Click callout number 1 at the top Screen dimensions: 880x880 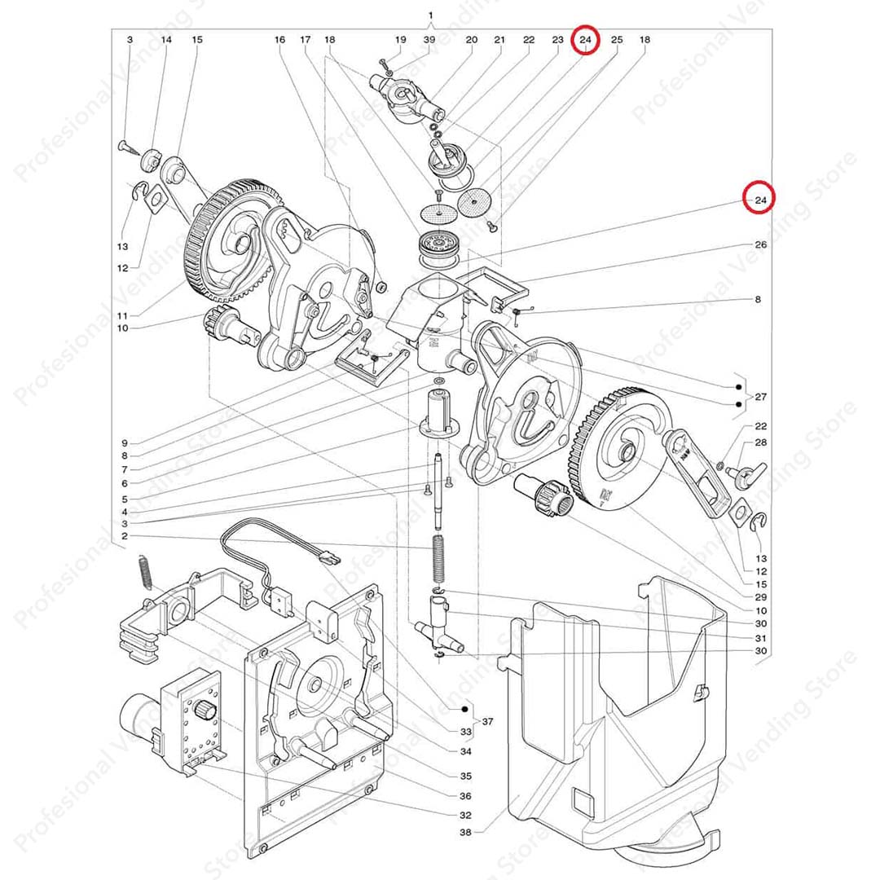click(x=430, y=15)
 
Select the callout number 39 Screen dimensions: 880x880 click(x=429, y=40)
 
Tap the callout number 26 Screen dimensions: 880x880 click(x=760, y=244)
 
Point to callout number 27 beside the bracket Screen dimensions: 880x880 click(x=760, y=398)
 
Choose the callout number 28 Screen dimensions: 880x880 click(x=760, y=442)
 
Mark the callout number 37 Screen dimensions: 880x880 click(x=488, y=722)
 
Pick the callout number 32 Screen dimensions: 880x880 click(x=465, y=816)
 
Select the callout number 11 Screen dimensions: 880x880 click(x=123, y=315)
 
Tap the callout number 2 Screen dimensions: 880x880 click(x=124, y=536)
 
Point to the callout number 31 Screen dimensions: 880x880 click(x=760, y=637)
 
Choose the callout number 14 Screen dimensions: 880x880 click(x=166, y=40)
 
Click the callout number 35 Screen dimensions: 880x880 click(x=465, y=776)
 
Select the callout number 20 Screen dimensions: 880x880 click(x=471, y=40)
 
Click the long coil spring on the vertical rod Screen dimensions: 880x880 click(x=438, y=557)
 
